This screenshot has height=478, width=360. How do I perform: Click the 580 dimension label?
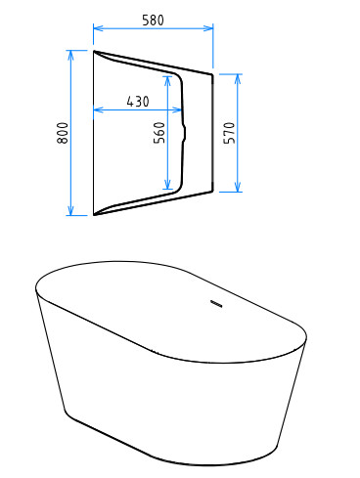click(x=153, y=21)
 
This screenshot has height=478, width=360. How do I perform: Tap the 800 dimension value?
click(x=63, y=133)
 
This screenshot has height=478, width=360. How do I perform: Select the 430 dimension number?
click(x=138, y=102)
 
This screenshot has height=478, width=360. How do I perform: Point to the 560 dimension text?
click(x=159, y=133)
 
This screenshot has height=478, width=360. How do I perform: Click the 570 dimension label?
click(x=229, y=133)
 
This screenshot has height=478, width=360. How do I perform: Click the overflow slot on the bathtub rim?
click(x=216, y=304)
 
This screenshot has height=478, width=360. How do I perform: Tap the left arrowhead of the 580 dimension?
click(x=98, y=28)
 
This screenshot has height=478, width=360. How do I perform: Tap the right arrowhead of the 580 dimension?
click(x=208, y=28)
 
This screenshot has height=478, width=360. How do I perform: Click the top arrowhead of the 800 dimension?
click(x=70, y=56)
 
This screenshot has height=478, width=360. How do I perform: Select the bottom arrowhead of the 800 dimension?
click(x=70, y=210)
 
